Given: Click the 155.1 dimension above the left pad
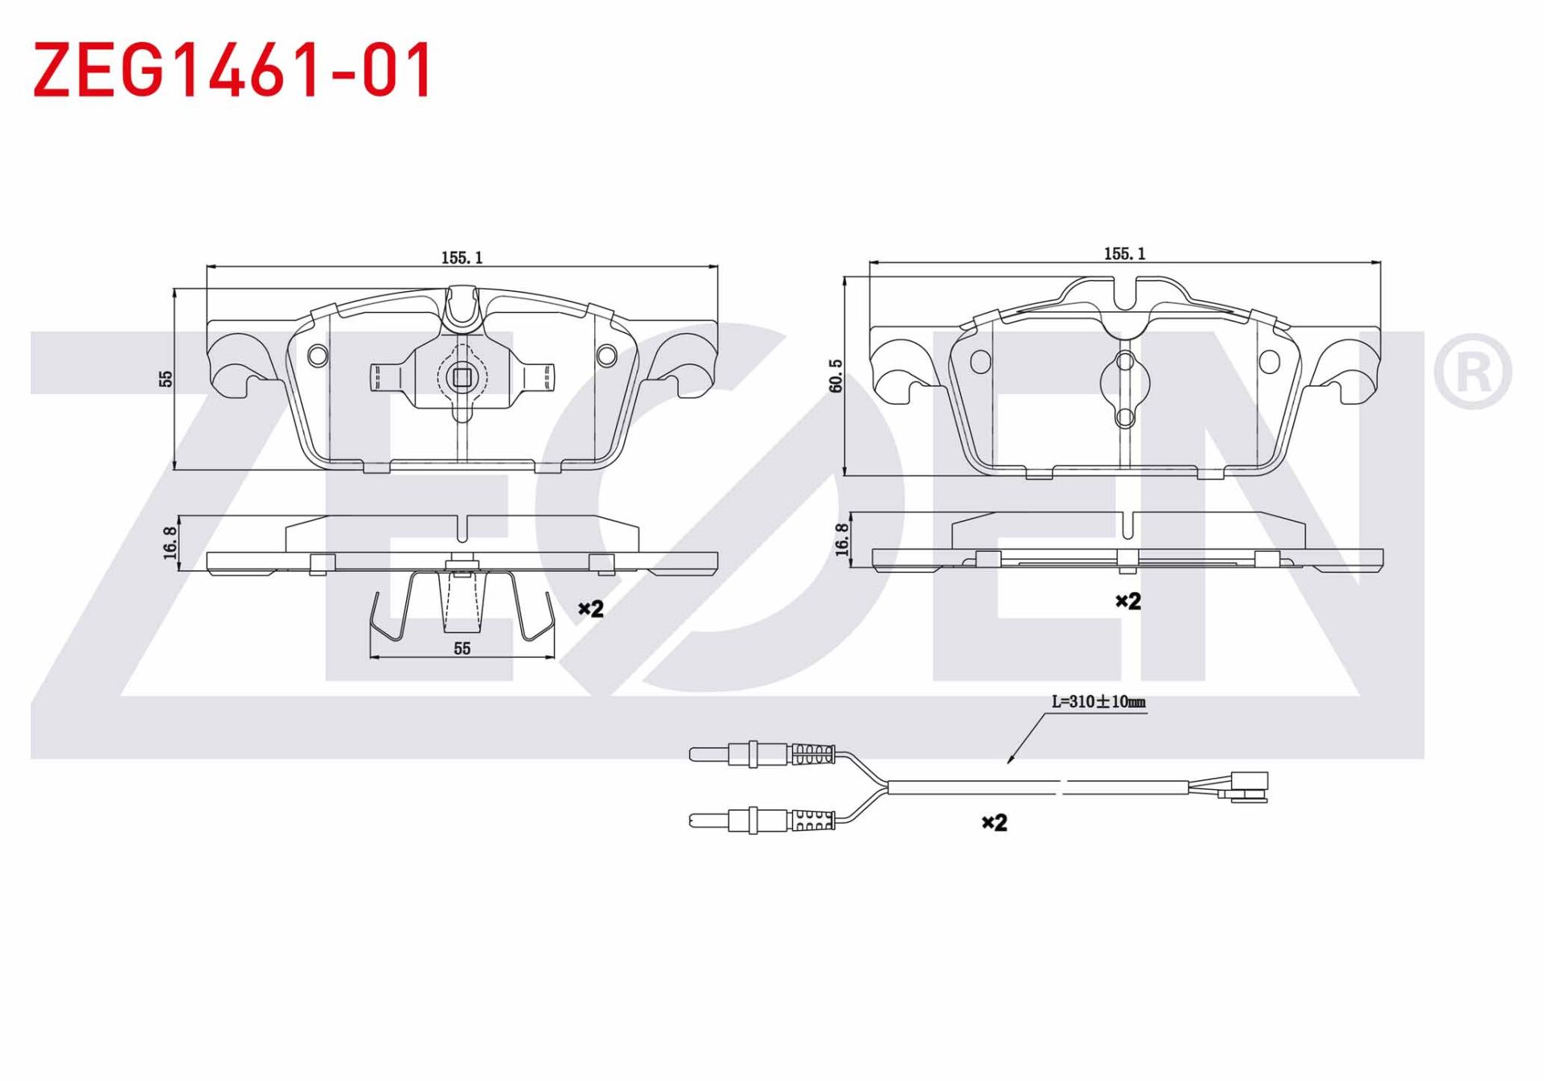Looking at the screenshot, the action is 462,257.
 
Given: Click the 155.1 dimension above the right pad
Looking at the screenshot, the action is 1124,253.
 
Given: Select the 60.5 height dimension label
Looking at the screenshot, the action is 836,376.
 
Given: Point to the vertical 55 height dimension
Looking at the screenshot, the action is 166,378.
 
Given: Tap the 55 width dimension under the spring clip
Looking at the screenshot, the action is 462,648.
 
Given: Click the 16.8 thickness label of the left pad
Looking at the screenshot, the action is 170,544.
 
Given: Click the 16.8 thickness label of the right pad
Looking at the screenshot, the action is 841,540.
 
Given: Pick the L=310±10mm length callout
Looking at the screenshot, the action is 1098,701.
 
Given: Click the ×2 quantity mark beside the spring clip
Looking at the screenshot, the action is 591,609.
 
